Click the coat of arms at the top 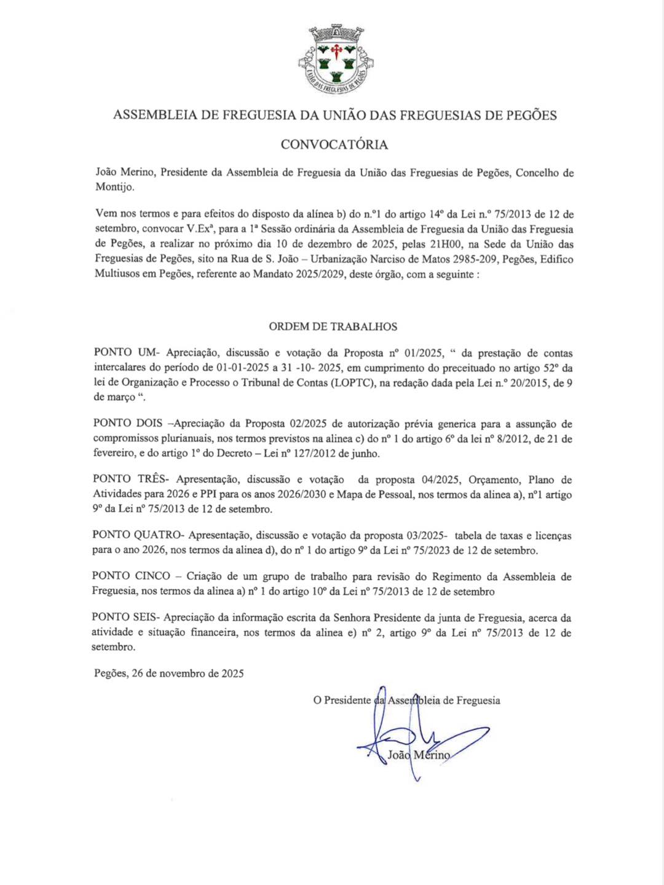[x=335, y=60]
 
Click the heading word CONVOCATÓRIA [x=334, y=144]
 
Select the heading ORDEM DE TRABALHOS [x=333, y=326]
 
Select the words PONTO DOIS [x=128, y=423]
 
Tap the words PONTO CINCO [x=131, y=576]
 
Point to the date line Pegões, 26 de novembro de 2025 [x=169, y=674]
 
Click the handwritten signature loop [x=400, y=734]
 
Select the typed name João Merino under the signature [x=419, y=755]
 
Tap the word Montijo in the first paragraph [x=114, y=187]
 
